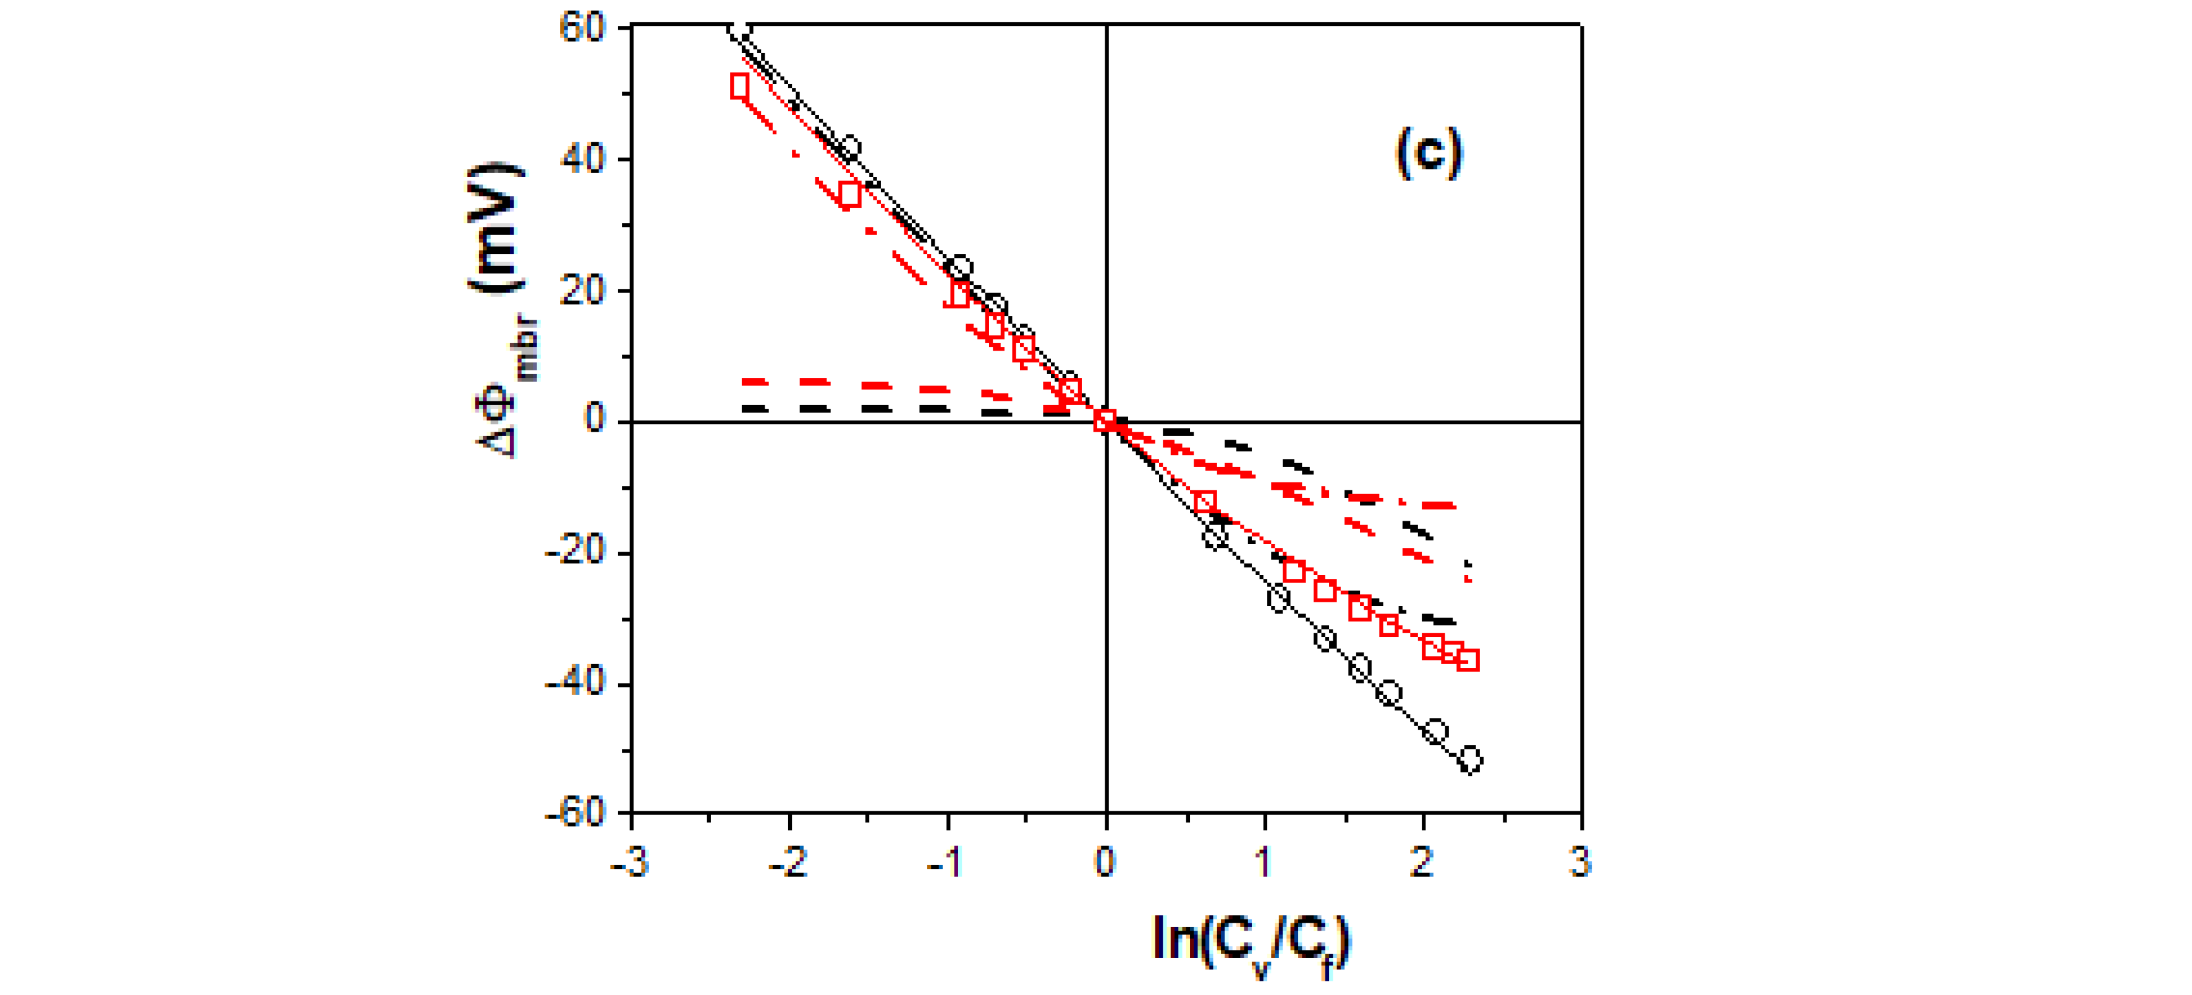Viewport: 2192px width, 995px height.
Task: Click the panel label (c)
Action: (x=1429, y=153)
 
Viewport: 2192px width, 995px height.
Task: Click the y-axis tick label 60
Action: (x=582, y=27)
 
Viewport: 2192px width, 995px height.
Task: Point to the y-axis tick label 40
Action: (x=582, y=158)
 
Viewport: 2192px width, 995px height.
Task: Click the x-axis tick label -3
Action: (x=630, y=862)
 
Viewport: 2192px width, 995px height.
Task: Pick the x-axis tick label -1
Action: (x=945, y=862)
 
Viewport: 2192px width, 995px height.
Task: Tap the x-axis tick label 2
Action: (x=1422, y=862)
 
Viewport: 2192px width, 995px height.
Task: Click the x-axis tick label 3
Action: (x=1580, y=862)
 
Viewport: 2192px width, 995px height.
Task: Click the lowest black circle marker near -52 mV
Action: (x=1469, y=759)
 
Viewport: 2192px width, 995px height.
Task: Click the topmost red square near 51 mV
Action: (x=739, y=86)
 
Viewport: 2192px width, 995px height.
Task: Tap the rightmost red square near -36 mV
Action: (x=1468, y=660)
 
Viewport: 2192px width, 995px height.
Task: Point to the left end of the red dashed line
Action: (x=746, y=382)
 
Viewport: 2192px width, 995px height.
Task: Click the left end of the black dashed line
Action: (x=746, y=409)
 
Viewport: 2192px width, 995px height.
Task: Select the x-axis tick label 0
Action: (x=1105, y=862)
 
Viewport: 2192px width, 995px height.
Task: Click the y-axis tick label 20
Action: (x=582, y=290)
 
